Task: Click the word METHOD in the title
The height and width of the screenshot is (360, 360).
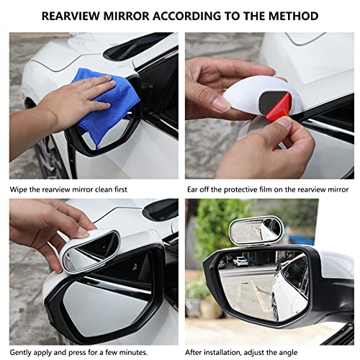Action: pos(290,16)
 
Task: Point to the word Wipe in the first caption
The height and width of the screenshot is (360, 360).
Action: pos(19,190)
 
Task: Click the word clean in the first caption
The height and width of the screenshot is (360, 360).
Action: pos(103,190)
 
